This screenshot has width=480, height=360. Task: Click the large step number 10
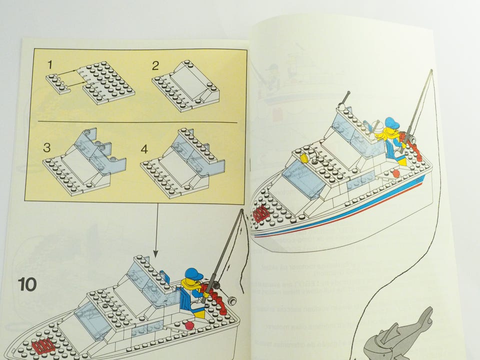click(27, 284)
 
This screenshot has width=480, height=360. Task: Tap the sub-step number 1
click(50, 64)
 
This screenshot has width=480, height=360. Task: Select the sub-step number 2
click(155, 65)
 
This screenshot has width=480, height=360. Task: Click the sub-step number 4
click(145, 148)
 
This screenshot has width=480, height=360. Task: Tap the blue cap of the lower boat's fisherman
click(193, 274)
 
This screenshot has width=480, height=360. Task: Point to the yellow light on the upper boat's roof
click(303, 158)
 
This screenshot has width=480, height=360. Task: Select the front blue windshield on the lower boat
click(92, 320)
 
